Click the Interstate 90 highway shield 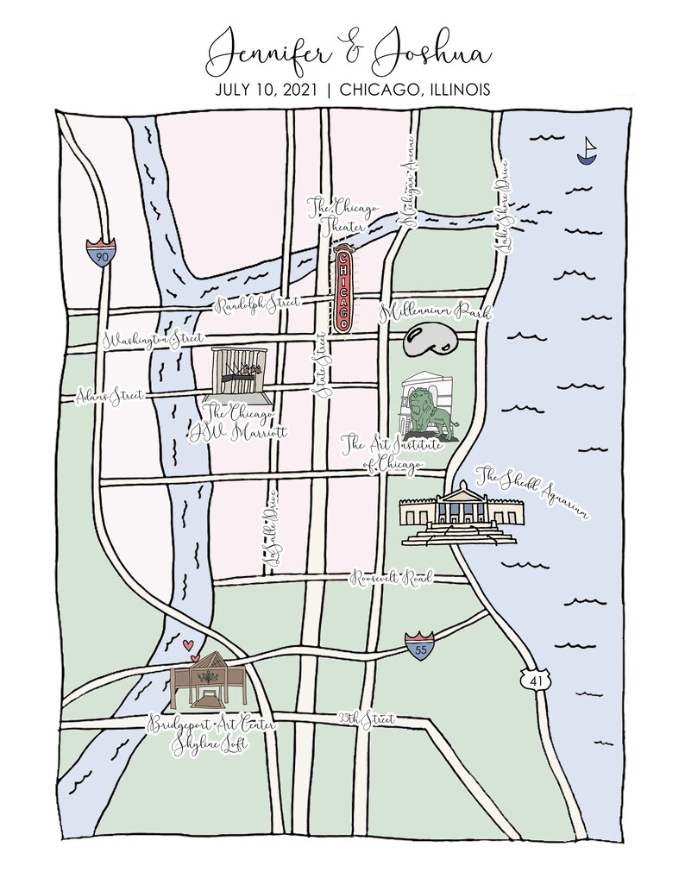click(101, 253)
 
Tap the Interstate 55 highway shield click(419, 646)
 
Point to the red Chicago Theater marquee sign click(343, 289)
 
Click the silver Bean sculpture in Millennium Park click(428, 342)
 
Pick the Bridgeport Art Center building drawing click(210, 686)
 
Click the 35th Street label click(366, 718)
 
